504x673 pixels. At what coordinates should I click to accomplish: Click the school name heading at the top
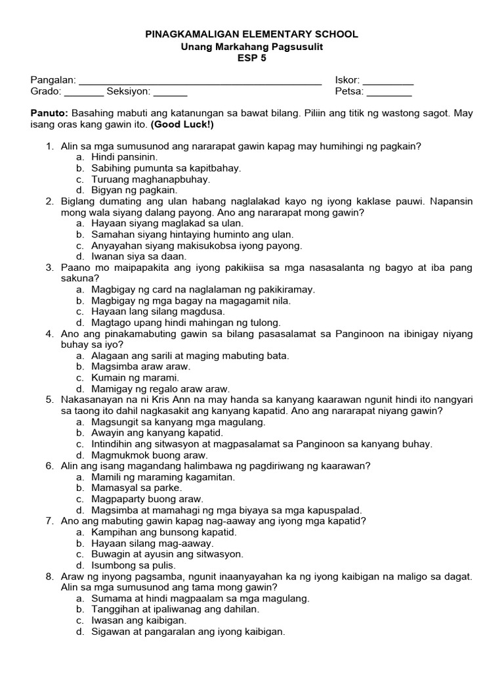[x=252, y=34]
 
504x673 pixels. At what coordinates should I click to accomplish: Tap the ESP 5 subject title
[x=252, y=58]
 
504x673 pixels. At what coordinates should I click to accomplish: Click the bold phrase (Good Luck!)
[x=182, y=124]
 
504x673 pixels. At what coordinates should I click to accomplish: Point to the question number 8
[x=49, y=576]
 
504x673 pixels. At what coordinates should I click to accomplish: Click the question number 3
[x=49, y=267]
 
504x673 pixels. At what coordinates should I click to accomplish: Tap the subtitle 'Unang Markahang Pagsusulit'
[x=252, y=46]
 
